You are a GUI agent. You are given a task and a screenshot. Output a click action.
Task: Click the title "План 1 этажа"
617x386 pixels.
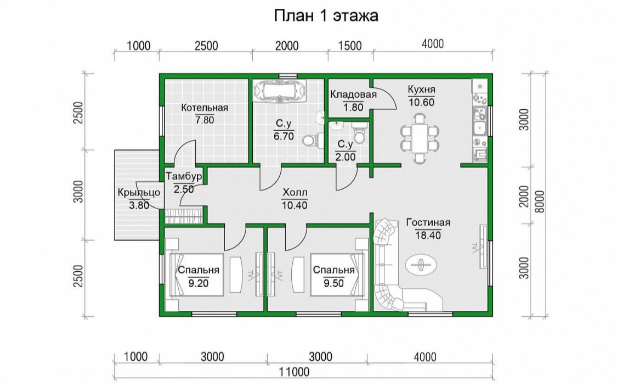pos(326,16)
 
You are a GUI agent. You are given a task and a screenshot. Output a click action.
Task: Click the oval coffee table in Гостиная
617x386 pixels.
pos(421,264)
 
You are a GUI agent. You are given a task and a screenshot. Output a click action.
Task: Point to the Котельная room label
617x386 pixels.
pos(205,108)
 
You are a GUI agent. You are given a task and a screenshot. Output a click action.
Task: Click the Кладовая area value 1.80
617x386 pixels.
pos(353,107)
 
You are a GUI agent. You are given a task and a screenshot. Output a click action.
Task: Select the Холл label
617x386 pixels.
pos(295,193)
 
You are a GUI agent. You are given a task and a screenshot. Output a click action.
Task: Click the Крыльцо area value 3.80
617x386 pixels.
pos(139,205)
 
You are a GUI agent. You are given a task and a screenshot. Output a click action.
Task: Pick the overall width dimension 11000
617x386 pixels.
pos(295,371)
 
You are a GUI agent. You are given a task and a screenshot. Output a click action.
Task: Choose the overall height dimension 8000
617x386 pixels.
pos(540,202)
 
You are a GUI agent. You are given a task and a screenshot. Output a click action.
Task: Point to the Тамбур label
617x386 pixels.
pos(184,176)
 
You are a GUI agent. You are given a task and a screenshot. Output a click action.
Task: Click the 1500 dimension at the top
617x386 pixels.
pos(350,46)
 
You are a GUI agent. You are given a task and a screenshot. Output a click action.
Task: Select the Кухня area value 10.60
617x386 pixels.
pos(421,103)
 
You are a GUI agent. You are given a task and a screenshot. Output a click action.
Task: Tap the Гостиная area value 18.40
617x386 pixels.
pos(428,236)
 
